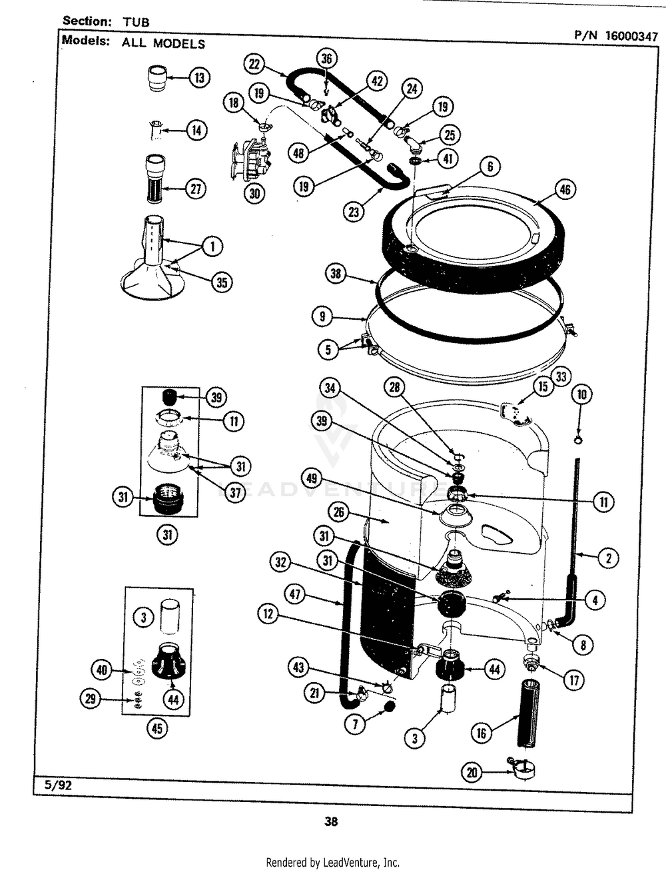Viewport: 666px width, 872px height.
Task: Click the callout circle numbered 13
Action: point(198,78)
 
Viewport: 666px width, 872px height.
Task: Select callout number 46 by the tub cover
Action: point(564,190)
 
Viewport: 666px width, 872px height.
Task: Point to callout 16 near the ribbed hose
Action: point(481,733)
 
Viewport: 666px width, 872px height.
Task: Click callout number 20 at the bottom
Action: point(472,772)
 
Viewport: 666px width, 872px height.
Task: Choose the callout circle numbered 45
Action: point(157,728)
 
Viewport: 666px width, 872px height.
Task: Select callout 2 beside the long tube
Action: point(607,558)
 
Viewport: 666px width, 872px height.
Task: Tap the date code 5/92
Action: point(59,785)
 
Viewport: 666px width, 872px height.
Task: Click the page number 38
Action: point(331,821)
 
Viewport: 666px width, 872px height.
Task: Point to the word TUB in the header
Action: point(136,22)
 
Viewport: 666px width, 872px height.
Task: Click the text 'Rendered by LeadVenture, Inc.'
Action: point(332,862)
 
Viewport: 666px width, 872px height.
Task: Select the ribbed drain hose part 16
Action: point(529,713)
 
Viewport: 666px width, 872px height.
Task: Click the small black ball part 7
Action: point(388,705)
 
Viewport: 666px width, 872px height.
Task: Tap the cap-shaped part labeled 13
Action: point(158,78)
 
